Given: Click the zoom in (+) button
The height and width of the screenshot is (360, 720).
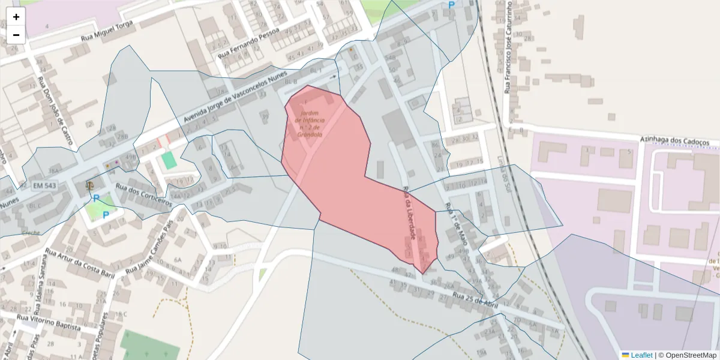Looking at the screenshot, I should pyautogui.click(x=16, y=17).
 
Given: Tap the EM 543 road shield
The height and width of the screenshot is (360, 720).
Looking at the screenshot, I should pyautogui.click(x=44, y=186).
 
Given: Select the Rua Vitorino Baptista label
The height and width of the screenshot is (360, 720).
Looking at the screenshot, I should pyautogui.click(x=49, y=322).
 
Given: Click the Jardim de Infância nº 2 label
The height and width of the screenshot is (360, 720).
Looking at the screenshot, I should pyautogui.click(x=310, y=124).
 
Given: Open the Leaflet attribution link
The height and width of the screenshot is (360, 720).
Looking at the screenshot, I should pyautogui.click(x=641, y=355).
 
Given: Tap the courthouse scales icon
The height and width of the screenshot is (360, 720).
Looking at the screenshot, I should pyautogui.click(x=90, y=184).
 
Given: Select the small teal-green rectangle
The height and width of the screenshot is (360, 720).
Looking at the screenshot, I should pyautogui.click(x=169, y=160).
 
